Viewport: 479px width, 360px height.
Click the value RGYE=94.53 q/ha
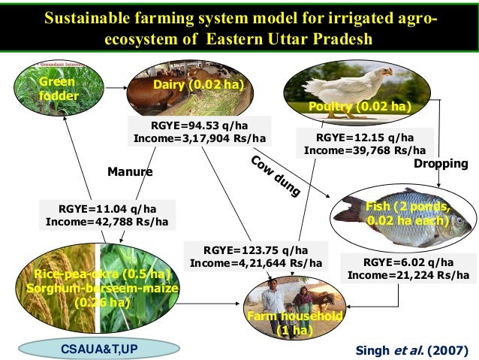[199, 126]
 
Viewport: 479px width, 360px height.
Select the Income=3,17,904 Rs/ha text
[199, 138]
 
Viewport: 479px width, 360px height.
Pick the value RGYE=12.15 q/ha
[364, 138]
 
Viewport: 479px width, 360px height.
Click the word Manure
[130, 171]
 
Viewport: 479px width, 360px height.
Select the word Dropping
[441, 163]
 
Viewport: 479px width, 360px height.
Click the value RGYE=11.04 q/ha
[107, 210]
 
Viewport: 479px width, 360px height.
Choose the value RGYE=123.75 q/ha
[256, 250]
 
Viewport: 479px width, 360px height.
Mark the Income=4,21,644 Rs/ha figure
[256, 263]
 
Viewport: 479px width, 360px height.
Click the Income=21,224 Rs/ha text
[408, 275]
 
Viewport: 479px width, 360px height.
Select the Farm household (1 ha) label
[294, 324]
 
